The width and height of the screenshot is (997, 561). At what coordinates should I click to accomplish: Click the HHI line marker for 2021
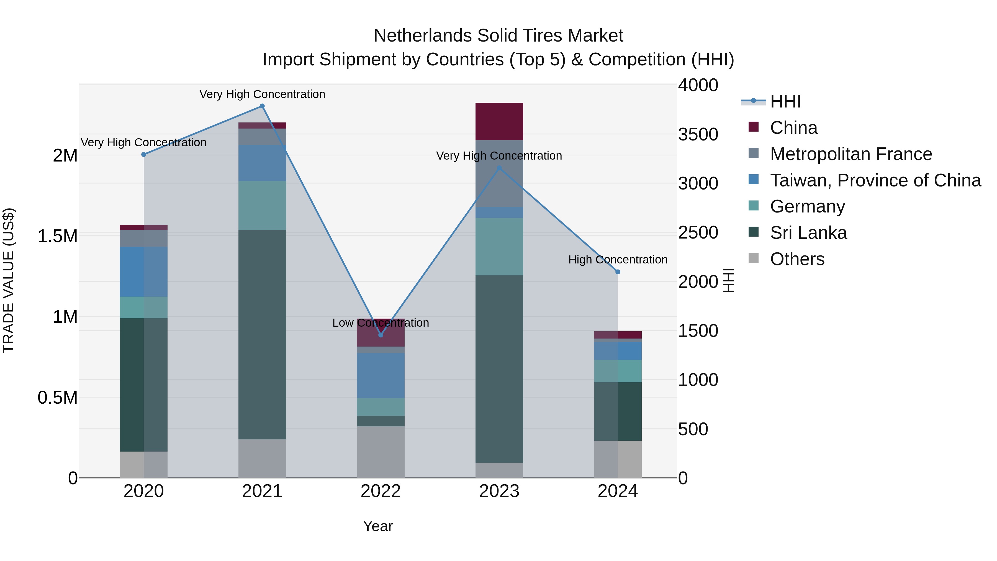pyautogui.click(x=262, y=106)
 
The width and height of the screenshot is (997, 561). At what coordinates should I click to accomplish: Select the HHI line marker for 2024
pyautogui.click(x=618, y=272)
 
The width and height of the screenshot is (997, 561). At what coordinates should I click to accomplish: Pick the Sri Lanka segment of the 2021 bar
pyautogui.click(x=262, y=334)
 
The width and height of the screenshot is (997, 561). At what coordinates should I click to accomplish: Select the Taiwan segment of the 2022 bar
pyautogui.click(x=381, y=376)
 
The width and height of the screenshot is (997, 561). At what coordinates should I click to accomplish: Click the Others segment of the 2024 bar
pyautogui.click(x=618, y=459)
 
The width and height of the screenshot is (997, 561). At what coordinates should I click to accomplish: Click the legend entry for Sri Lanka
pyautogui.click(x=808, y=233)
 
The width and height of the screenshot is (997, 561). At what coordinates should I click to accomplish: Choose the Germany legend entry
pyautogui.click(x=807, y=207)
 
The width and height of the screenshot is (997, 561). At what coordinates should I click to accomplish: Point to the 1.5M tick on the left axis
pyautogui.click(x=58, y=236)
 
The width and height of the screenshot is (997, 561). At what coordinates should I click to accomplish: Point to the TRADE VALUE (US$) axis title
pyautogui.click(x=9, y=281)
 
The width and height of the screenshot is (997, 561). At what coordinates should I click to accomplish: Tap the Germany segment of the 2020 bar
pyautogui.click(x=143, y=308)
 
